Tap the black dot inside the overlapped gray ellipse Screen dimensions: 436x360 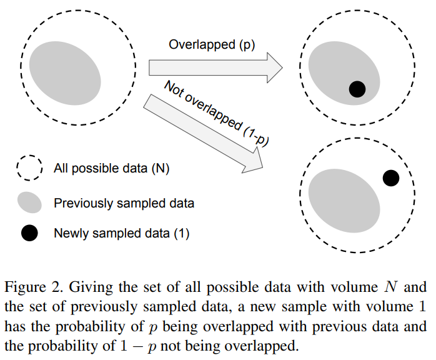coord(357,89)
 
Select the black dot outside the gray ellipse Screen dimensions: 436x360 coord(390,178)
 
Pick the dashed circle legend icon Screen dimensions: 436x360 coord(29,168)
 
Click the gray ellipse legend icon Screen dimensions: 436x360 coord(29,202)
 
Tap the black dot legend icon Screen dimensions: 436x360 coord(29,234)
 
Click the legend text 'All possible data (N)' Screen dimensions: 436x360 coord(111,168)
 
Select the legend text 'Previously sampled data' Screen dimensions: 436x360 coord(124,203)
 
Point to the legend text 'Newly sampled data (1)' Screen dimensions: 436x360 coord(121,234)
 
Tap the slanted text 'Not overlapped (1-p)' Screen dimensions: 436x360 coord(216,113)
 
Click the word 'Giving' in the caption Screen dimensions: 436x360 coord(86,288)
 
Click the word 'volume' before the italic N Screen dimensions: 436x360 coord(354,288)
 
